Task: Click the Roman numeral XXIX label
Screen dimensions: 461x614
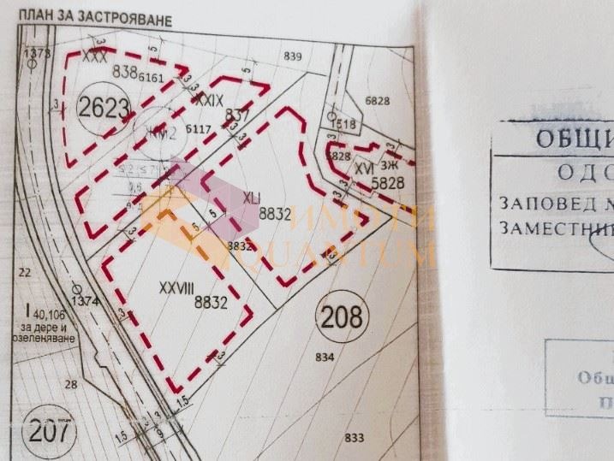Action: [210, 100]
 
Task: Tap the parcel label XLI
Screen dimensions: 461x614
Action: [252, 198]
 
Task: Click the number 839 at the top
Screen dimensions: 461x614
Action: [293, 56]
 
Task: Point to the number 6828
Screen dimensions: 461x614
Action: [377, 101]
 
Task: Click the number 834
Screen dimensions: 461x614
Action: [325, 356]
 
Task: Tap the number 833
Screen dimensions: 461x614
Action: [355, 438]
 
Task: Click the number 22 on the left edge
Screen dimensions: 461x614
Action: [24, 272]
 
